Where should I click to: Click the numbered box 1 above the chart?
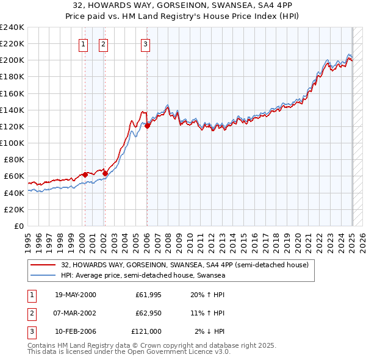[x=83, y=43]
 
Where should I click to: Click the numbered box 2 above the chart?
[x=103, y=43]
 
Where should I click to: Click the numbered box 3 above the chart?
[x=146, y=43]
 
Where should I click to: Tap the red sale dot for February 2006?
[x=148, y=126]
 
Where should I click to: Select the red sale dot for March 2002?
[x=105, y=173]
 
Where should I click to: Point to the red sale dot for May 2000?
[x=85, y=175]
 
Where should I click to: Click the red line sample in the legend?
[x=44, y=265]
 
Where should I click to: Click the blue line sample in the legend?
[x=44, y=275]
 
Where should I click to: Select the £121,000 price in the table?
[x=146, y=331]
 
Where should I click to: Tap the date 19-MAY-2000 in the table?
[x=75, y=295]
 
